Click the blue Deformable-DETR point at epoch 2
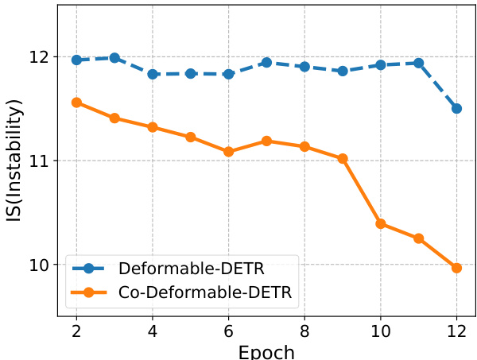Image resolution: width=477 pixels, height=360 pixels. tap(76, 60)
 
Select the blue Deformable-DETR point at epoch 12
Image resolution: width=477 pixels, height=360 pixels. tap(456, 108)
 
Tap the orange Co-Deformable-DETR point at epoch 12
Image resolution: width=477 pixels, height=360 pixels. tap(456, 268)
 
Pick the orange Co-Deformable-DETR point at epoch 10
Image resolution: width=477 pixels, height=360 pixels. tap(381, 224)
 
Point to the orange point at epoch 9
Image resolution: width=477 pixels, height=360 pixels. tap(343, 159)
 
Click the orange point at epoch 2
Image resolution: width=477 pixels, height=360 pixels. tap(76, 103)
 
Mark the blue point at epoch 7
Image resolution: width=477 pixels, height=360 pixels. tap(266, 62)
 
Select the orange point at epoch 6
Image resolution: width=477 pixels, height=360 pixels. tap(228, 152)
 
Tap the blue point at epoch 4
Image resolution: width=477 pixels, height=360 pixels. tap(153, 74)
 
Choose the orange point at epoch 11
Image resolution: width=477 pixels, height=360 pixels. tap(418, 238)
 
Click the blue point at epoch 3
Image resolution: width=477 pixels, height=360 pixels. tap(114, 58)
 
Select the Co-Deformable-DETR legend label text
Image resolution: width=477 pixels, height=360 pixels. tap(205, 292)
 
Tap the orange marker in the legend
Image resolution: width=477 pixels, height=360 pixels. tap(88, 292)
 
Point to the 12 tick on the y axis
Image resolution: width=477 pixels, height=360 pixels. tap(38, 57)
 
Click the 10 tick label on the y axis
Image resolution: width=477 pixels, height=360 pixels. tap(38, 265)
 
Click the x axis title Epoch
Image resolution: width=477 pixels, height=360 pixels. tap(266, 350)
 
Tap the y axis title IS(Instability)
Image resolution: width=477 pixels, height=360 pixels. tap(14, 161)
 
